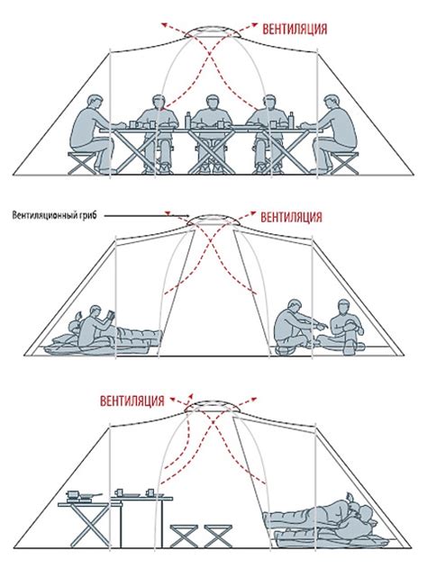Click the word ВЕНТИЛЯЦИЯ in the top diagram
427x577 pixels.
(x=295, y=29)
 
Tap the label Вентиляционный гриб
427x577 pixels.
(x=54, y=215)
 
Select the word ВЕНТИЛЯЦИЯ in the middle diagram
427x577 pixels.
(x=291, y=217)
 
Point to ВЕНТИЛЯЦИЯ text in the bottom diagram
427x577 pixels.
(x=132, y=401)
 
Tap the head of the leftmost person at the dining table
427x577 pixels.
(x=95, y=103)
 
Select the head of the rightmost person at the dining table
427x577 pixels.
(x=331, y=103)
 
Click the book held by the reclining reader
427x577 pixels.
(x=111, y=316)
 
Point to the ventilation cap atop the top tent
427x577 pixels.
(x=213, y=32)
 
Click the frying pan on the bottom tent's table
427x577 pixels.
(x=91, y=496)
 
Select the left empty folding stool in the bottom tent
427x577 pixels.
(x=184, y=536)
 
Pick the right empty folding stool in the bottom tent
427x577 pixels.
(x=218, y=536)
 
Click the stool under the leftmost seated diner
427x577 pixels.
(x=82, y=163)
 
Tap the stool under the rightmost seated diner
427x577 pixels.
(x=344, y=163)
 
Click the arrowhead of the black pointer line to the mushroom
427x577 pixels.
(x=187, y=216)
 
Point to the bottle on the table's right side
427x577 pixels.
(x=291, y=121)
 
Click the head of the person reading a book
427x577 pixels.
(x=95, y=312)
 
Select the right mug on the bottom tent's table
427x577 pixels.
(x=150, y=492)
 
